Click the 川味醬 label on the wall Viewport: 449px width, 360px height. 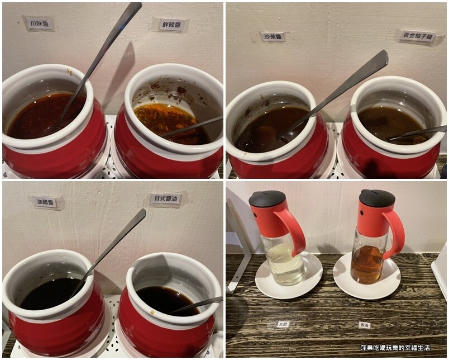point(39,23)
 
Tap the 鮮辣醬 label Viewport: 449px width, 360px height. point(170,25)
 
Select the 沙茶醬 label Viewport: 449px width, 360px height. point(273,37)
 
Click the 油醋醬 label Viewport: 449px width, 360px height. point(45,202)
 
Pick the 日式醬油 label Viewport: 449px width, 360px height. point(166,199)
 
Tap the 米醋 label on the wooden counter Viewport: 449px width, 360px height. point(283,324)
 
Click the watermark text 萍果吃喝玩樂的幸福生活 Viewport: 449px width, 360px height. point(395,348)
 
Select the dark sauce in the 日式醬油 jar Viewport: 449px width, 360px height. point(162,300)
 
